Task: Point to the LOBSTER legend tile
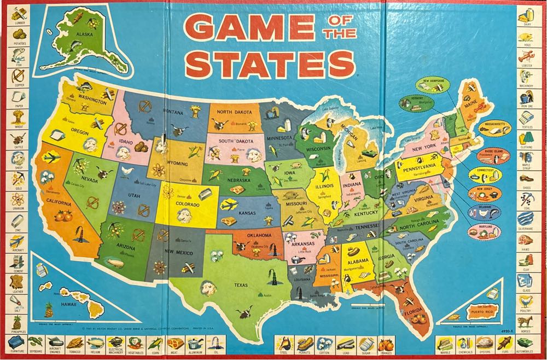coord(526,57)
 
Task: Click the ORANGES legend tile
coord(386,344)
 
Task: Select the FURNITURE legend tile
coord(17,344)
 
